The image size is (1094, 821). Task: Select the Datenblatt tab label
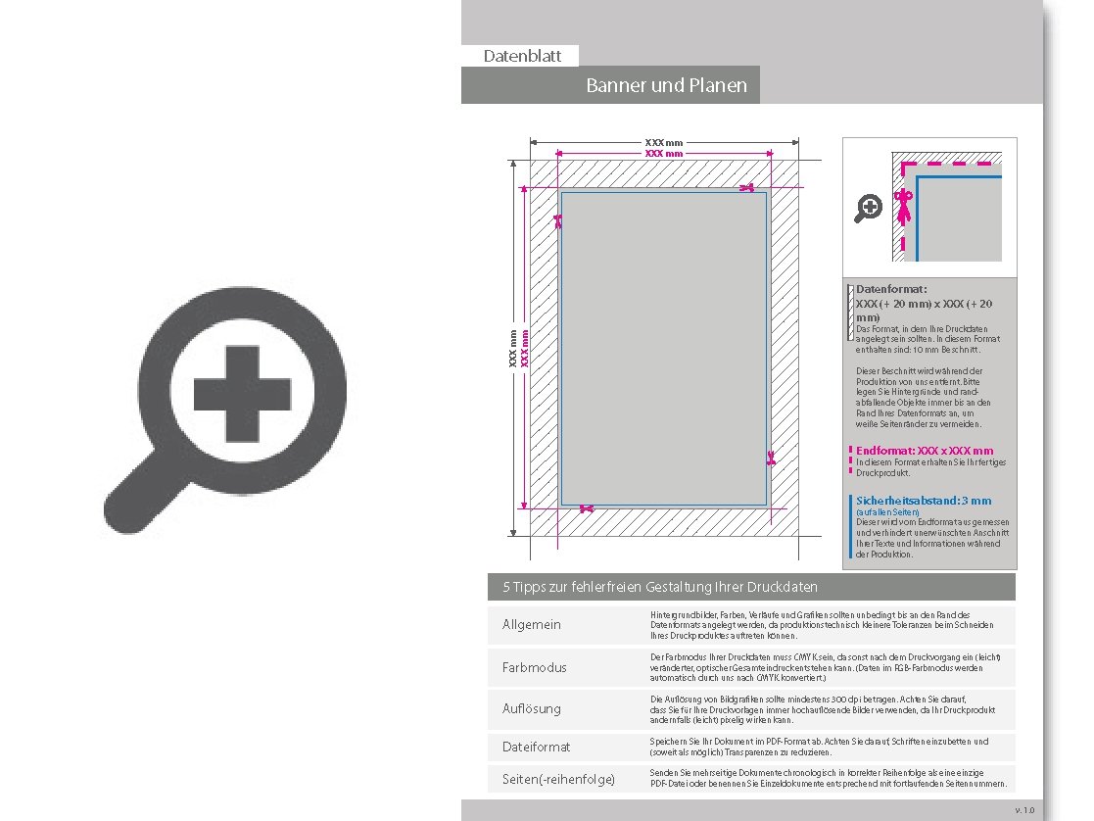point(522,56)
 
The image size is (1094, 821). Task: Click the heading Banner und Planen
point(666,85)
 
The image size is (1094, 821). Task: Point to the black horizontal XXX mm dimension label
point(663,143)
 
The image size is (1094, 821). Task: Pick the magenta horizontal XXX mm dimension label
point(663,154)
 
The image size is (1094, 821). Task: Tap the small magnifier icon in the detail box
point(869,208)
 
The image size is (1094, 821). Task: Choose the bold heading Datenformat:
point(891,289)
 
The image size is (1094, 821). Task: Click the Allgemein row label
point(532,624)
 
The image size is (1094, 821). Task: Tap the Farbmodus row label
point(534,667)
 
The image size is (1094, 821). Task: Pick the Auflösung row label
point(532,707)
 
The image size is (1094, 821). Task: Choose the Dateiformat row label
point(536,747)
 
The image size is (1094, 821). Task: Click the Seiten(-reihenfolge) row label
point(558,779)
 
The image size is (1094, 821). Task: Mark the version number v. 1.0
point(1023,810)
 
